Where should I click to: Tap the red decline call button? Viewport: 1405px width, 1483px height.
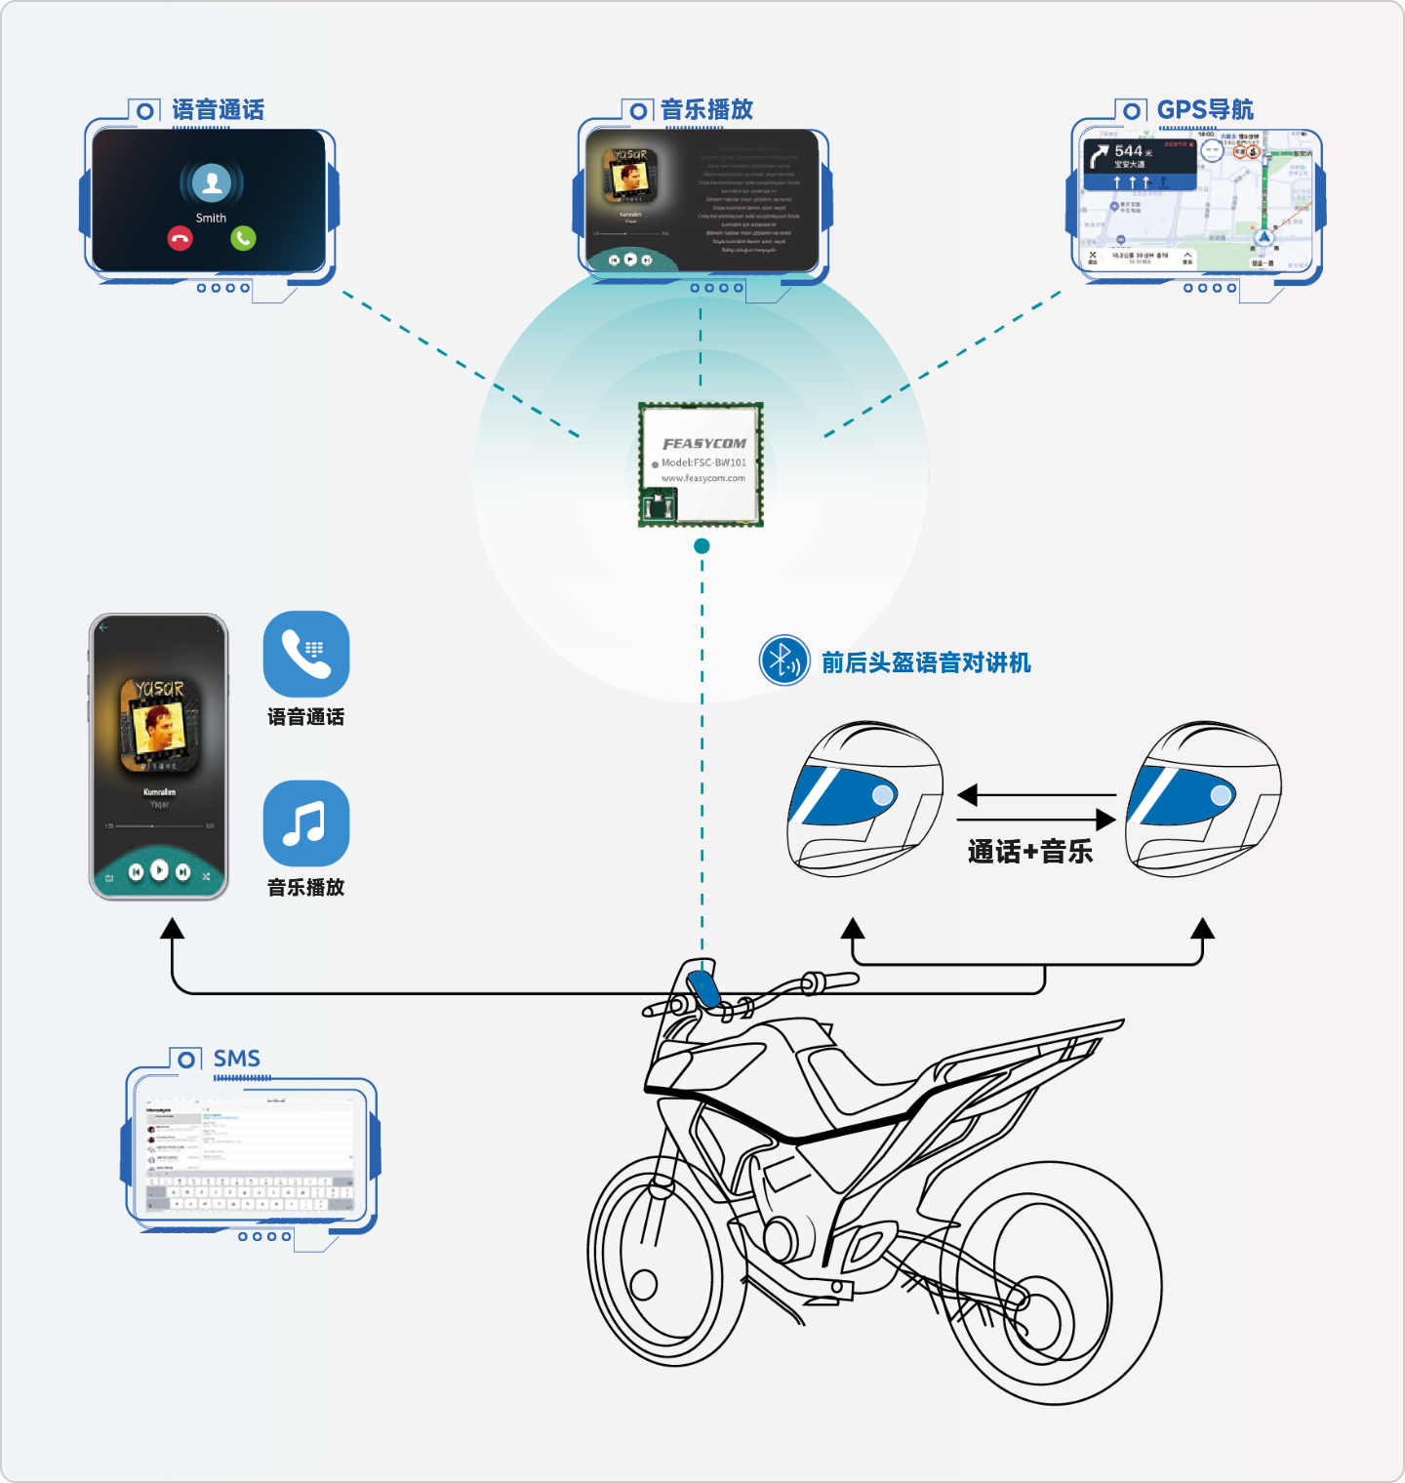point(180,238)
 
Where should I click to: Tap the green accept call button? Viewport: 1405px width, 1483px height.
point(243,237)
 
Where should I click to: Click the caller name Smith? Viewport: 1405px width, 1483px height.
point(211,218)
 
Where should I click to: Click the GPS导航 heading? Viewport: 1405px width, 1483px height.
point(1205,109)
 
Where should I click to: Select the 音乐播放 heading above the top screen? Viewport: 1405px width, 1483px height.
point(707,109)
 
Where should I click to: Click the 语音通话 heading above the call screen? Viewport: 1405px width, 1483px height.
point(218,109)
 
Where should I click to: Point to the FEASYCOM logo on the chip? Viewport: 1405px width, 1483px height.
point(704,443)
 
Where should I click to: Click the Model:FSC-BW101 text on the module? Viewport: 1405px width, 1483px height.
point(703,462)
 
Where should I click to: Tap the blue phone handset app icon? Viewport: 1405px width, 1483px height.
point(306,654)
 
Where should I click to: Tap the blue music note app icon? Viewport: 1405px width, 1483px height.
point(306,823)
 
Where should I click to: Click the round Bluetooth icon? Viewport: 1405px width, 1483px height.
point(784,661)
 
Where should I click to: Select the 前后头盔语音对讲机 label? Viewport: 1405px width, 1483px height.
point(926,662)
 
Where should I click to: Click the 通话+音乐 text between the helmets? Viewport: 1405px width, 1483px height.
point(1030,852)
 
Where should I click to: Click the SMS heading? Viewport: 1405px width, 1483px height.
point(237,1059)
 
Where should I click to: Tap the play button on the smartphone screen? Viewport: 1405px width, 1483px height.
point(159,870)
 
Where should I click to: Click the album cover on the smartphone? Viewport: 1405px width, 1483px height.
point(159,724)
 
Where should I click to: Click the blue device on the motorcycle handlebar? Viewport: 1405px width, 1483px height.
point(703,988)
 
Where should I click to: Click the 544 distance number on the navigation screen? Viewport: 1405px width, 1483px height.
point(1128,151)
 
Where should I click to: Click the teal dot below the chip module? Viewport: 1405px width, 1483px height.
point(702,546)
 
